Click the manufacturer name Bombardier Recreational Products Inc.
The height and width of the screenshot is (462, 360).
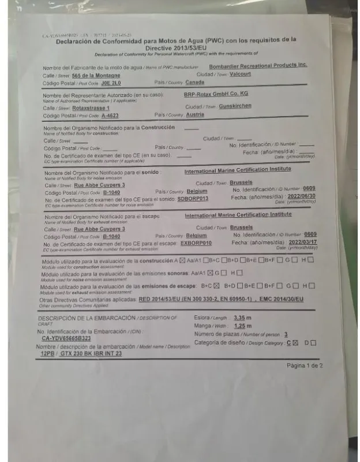(258, 66)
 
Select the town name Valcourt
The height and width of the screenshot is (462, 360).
(240, 74)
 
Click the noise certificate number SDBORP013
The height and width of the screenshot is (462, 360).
(193, 199)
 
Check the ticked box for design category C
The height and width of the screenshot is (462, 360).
(295, 343)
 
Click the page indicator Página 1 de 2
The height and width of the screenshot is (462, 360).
(305, 366)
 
